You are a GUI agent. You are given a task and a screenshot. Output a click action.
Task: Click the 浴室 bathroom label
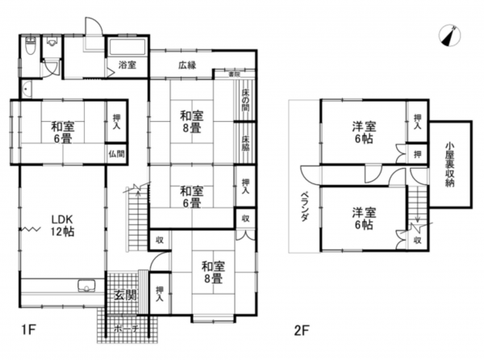click(127, 64)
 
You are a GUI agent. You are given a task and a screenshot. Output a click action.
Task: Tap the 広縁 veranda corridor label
click(189, 64)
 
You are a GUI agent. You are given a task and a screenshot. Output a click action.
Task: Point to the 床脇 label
click(245, 142)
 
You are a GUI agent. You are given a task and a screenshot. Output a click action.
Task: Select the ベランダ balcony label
click(306, 210)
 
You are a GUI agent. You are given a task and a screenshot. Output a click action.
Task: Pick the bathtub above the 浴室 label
click(127, 46)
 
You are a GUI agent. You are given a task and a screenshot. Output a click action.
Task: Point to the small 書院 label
click(234, 74)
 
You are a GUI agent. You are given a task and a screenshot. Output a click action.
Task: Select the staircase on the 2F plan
click(416, 205)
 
